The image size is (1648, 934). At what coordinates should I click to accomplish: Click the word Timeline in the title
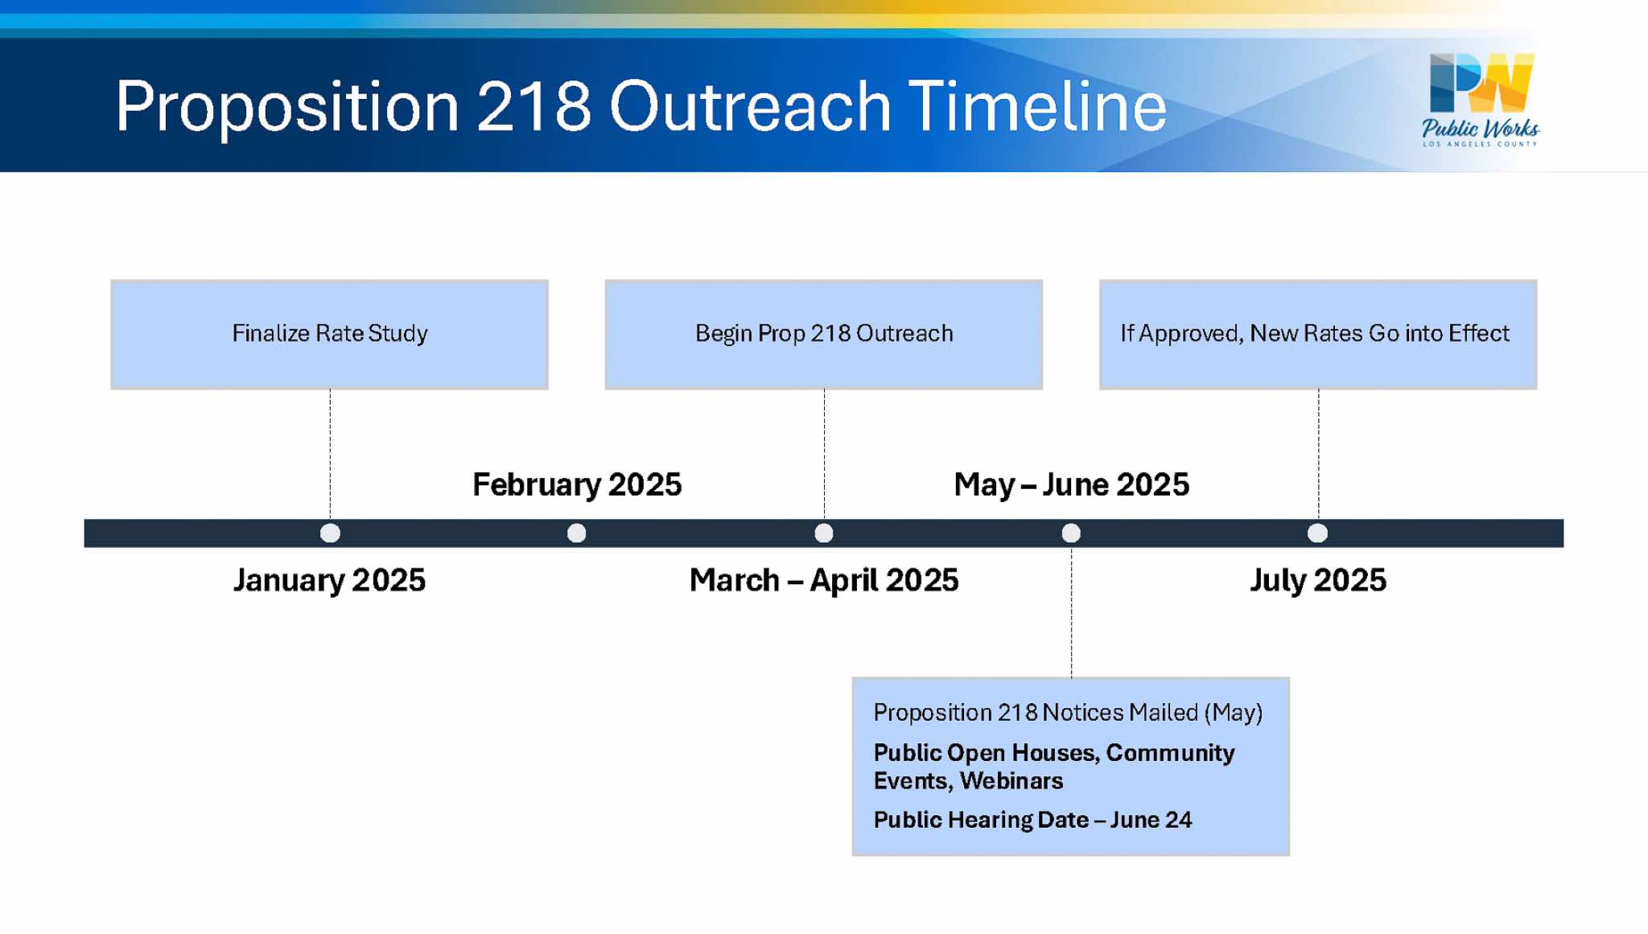point(1037,106)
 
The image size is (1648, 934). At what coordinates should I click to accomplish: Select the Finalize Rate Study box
point(330,335)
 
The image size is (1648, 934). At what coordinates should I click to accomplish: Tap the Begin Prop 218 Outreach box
point(824,335)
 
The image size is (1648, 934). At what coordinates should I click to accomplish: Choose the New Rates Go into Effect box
point(1318,335)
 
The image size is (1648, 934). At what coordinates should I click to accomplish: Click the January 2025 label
point(329,580)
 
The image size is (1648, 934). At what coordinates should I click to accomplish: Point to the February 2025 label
point(577,484)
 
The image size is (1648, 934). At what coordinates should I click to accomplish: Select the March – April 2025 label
point(824,580)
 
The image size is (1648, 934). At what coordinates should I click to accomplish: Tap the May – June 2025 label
point(1071,484)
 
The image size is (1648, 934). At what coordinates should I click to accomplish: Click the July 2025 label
point(1318,580)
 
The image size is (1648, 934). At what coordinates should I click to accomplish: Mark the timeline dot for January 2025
point(330,533)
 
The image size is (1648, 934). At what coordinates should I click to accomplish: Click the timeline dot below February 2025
point(577,533)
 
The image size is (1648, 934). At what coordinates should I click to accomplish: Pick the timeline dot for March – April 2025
point(824,533)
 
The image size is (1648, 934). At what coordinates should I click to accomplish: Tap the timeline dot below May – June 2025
point(1071,533)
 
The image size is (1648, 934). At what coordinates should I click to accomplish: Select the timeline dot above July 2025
point(1317,533)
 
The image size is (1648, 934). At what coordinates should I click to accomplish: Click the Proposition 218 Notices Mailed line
point(1068,713)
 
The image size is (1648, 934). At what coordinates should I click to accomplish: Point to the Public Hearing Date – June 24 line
point(1032,820)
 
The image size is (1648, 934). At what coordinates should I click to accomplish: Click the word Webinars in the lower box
point(1011,781)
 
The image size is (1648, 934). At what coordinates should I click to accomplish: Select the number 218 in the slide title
point(534,106)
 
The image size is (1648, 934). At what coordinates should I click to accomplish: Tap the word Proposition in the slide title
point(287,106)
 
